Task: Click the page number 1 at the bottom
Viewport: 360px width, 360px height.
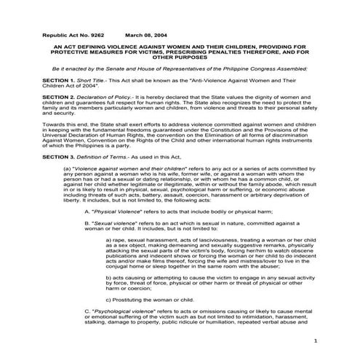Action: pos(315,340)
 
